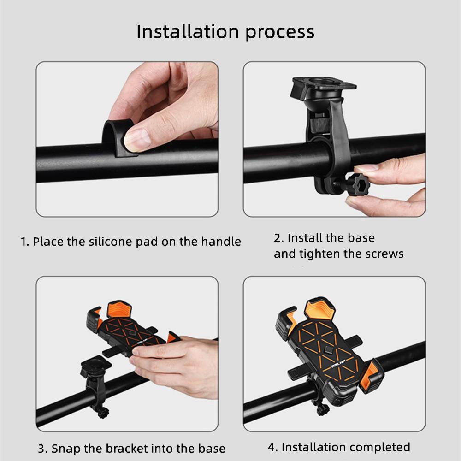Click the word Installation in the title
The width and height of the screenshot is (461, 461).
click(188, 31)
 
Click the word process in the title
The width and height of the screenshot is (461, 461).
click(280, 33)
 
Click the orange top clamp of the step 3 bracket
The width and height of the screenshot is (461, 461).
click(119, 309)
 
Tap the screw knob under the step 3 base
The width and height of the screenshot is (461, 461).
click(103, 413)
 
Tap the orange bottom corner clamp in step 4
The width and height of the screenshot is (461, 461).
click(371, 376)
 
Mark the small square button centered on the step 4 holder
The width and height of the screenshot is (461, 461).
click(328, 350)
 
